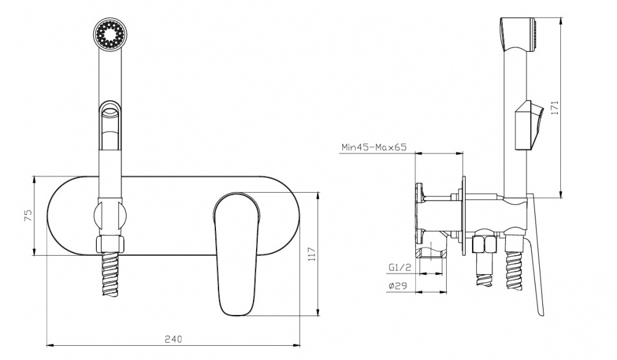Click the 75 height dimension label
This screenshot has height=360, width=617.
click(x=28, y=216)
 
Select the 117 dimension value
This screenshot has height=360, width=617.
click(x=312, y=254)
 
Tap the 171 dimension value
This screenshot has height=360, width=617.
click(x=555, y=108)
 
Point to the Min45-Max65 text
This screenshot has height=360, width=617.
click(x=374, y=148)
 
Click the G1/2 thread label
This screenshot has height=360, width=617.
click(x=399, y=267)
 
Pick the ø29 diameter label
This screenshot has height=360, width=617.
click(x=397, y=287)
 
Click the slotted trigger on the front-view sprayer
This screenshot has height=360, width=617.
click(x=110, y=125)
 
